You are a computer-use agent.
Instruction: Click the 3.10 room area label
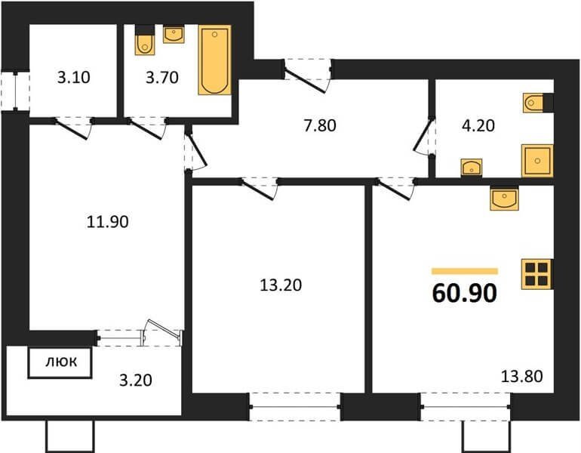[x=74, y=78]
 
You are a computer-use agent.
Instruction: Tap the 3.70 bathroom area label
[x=162, y=78]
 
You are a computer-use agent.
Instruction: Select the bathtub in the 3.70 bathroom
[x=214, y=60]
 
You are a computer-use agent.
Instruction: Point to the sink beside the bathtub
[x=174, y=34]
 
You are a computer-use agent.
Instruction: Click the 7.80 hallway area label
[x=320, y=125]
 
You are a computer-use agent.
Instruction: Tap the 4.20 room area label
[x=478, y=125]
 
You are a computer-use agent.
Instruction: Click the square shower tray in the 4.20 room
[x=537, y=161]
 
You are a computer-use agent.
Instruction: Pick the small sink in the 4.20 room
[x=472, y=167]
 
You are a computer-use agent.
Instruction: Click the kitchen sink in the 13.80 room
[x=504, y=198]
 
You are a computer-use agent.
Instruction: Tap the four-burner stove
[x=537, y=274]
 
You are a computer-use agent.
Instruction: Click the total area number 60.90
[x=464, y=293]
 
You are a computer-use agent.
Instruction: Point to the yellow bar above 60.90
[x=465, y=271]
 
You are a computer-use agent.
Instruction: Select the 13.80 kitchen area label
[x=521, y=376]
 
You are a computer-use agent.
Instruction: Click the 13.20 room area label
[x=281, y=285]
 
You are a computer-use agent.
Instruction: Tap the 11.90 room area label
[x=107, y=222]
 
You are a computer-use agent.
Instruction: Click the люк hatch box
[x=60, y=362]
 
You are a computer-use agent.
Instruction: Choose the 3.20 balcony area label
[x=136, y=381]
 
